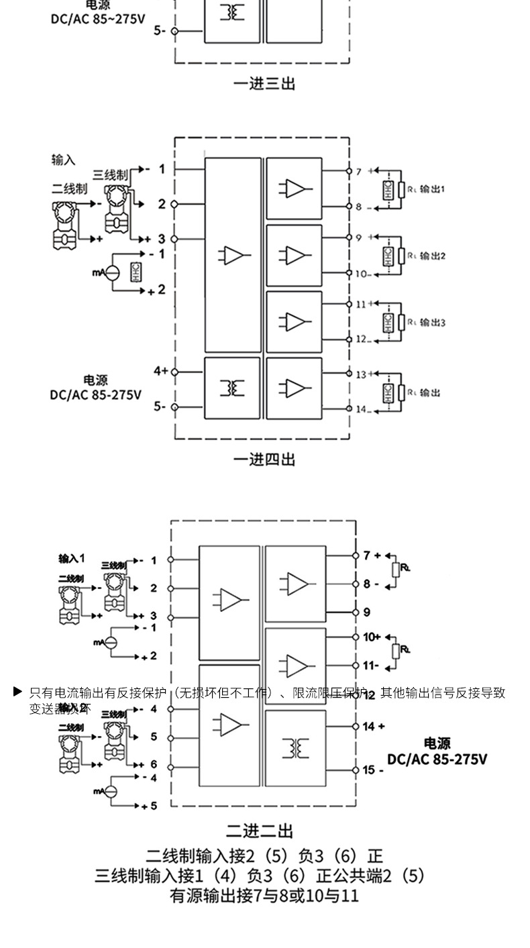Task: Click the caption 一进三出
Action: pyautogui.click(x=264, y=84)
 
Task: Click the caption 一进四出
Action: pyautogui.click(x=264, y=460)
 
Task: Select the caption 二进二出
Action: pyautogui.click(x=260, y=831)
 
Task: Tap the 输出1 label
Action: pyautogui.click(x=433, y=189)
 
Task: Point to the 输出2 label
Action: pyautogui.click(x=433, y=256)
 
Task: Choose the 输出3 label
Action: pyautogui.click(x=433, y=323)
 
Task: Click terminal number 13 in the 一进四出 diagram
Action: pyautogui.click(x=361, y=374)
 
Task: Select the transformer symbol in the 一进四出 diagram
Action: pyautogui.click(x=232, y=388)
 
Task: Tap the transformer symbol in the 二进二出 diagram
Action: pyautogui.click(x=295, y=747)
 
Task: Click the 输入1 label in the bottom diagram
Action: pyautogui.click(x=72, y=558)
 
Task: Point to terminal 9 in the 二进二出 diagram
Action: pyautogui.click(x=366, y=612)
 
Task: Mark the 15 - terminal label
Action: pyautogui.click(x=373, y=770)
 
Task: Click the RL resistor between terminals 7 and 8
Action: pyautogui.click(x=396, y=569)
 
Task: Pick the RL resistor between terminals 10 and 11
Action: pyautogui.click(x=396, y=650)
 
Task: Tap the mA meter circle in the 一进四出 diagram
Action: pyautogui.click(x=113, y=272)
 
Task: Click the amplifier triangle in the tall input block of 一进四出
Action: pyautogui.click(x=232, y=255)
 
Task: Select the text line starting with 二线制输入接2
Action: pyautogui.click(x=264, y=856)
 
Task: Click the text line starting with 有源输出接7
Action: pyautogui.click(x=264, y=895)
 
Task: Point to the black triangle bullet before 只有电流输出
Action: pyautogui.click(x=18, y=691)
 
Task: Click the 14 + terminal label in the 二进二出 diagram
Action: pyautogui.click(x=374, y=726)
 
